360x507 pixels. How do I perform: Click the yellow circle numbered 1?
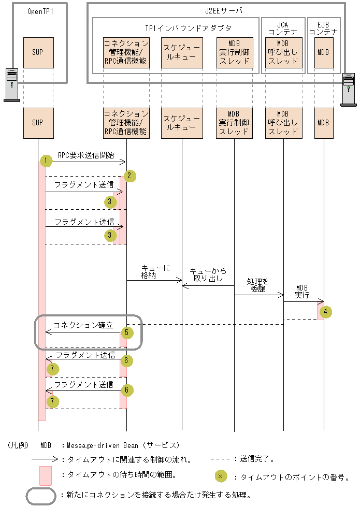[46, 161]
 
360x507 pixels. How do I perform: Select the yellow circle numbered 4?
[325, 312]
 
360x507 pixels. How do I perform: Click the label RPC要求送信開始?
[87, 155]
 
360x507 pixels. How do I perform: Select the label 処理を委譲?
[258, 285]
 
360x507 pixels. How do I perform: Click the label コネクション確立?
[83, 325]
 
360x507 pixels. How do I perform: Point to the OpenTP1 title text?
[38, 11]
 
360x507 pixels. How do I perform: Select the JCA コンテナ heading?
[282, 28]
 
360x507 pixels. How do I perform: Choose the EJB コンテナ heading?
[323, 28]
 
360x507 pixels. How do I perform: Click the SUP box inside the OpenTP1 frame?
[38, 53]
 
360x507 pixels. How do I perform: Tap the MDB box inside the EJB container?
[323, 53]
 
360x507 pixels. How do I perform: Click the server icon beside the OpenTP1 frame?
[11, 84]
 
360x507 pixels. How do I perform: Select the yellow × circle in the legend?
[220, 475]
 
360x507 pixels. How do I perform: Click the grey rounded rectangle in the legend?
[41, 496]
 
